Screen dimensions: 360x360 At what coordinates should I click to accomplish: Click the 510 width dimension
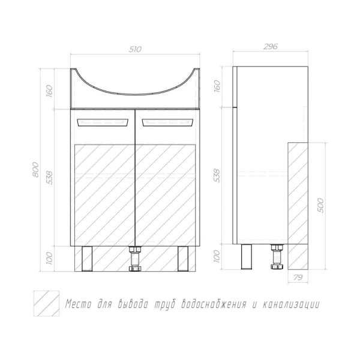tap(135, 49)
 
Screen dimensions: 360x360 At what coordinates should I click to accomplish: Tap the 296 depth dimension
tap(271, 47)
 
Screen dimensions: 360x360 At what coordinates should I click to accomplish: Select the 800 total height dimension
tap(35, 169)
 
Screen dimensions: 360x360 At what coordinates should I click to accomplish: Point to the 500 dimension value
tap(321, 205)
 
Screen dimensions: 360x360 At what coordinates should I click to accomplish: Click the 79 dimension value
tap(298, 278)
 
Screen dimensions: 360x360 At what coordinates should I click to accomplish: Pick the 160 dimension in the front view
tap(49, 91)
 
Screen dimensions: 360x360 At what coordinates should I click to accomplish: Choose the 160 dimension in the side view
tap(217, 86)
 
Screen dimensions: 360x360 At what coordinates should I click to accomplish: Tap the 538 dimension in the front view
tap(49, 178)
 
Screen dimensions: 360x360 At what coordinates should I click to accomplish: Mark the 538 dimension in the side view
tap(217, 175)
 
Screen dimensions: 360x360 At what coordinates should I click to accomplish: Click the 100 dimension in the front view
tap(49, 258)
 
